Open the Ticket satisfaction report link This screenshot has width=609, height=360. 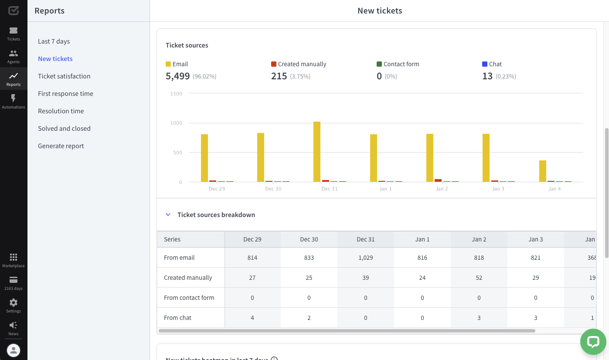point(64,76)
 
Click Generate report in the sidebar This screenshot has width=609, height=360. point(61,146)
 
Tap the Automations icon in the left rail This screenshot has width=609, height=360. point(14,98)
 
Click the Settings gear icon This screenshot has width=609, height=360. point(14,302)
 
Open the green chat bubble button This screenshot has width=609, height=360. point(593,342)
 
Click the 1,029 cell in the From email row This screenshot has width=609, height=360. point(365,258)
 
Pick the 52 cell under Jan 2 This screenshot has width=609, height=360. point(479,278)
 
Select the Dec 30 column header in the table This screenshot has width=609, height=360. point(309,239)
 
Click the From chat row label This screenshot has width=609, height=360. point(177,318)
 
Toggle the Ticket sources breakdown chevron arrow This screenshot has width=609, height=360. point(168,215)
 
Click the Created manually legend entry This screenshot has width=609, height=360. point(302,64)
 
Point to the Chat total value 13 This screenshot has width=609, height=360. point(487,76)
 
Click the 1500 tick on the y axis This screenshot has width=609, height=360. point(177,94)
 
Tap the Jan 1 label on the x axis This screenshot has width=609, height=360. point(385,189)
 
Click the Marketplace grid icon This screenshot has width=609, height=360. point(14,257)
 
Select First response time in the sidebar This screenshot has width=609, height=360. point(65,94)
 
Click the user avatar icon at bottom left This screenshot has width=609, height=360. point(14,350)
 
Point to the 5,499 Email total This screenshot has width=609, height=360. point(177,76)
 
